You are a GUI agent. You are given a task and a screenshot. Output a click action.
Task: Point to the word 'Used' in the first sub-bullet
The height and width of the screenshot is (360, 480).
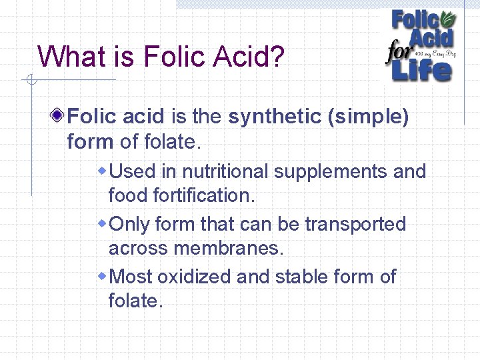coord(131,171)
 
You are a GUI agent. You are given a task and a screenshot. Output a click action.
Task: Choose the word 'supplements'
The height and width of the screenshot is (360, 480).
coord(331,172)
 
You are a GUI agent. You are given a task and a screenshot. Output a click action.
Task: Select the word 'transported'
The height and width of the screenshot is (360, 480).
coord(355,225)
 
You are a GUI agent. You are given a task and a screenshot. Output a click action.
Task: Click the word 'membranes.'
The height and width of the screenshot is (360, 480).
coord(229,248)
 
